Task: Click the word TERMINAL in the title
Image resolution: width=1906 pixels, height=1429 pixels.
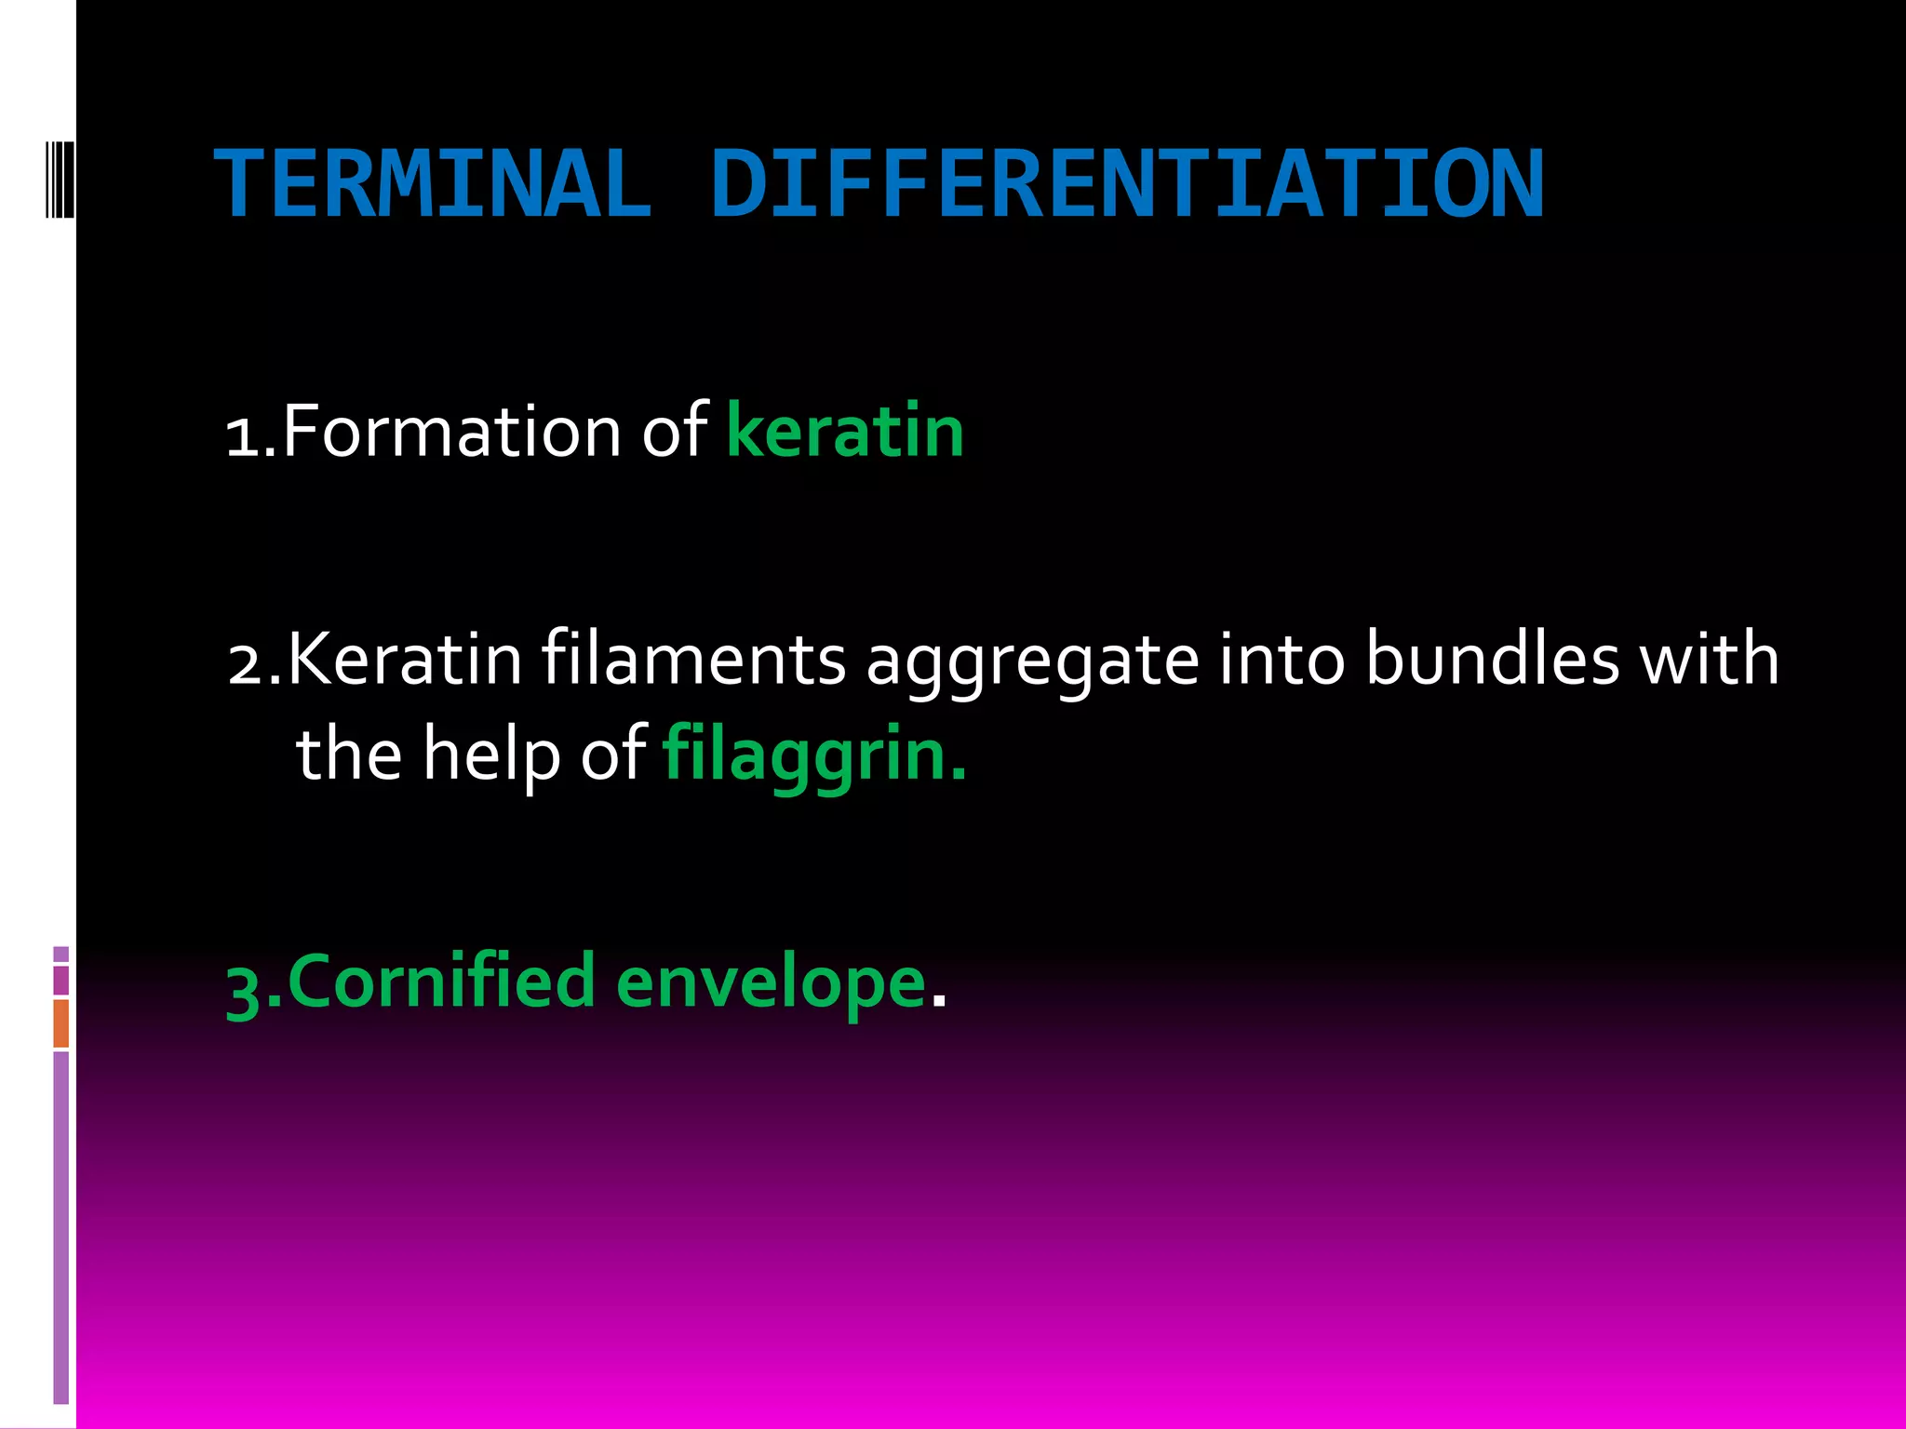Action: [x=433, y=185]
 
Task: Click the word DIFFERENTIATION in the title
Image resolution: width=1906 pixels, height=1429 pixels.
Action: [x=1127, y=185]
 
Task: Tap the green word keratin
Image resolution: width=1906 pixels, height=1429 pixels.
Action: [x=844, y=432]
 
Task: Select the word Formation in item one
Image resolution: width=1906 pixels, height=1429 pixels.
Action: [x=450, y=432]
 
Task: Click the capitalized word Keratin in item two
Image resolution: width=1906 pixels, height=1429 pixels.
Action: [x=405, y=660]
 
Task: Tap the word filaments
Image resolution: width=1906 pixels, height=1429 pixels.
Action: [x=693, y=660]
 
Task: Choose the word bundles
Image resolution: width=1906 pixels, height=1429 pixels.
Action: [x=1493, y=660]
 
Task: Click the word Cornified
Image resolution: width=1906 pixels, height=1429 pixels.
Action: [x=442, y=982]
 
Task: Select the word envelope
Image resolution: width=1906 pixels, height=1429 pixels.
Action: [x=771, y=984]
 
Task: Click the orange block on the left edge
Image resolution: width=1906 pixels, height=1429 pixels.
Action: [x=61, y=1023]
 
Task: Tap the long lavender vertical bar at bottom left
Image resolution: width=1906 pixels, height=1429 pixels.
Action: [x=61, y=1228]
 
